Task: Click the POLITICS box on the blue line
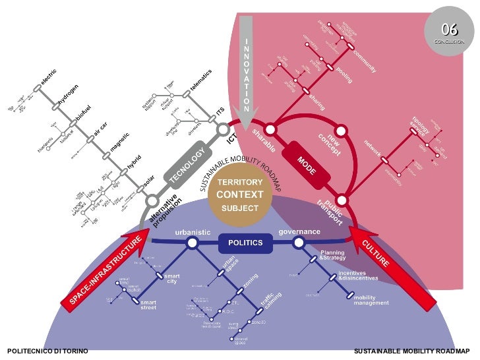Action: coord(245,243)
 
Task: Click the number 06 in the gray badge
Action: coord(450,29)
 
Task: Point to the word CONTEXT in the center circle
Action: coord(239,195)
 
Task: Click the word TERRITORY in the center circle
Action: coord(240,182)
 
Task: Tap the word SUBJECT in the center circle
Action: coord(240,208)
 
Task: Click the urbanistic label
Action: coord(192,232)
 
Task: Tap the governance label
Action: coord(299,231)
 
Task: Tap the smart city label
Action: coord(171,279)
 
